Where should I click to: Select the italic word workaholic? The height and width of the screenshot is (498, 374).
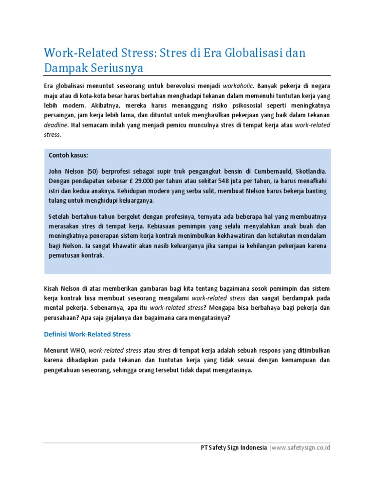point(238,85)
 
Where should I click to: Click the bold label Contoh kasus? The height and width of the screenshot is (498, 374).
point(69,155)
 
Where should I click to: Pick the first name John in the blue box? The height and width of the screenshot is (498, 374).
point(56,172)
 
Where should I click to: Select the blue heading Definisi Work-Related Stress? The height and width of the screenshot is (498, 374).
point(87,335)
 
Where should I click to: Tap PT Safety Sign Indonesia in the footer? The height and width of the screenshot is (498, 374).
point(234,447)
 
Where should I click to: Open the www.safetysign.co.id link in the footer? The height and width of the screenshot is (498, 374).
point(301,447)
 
